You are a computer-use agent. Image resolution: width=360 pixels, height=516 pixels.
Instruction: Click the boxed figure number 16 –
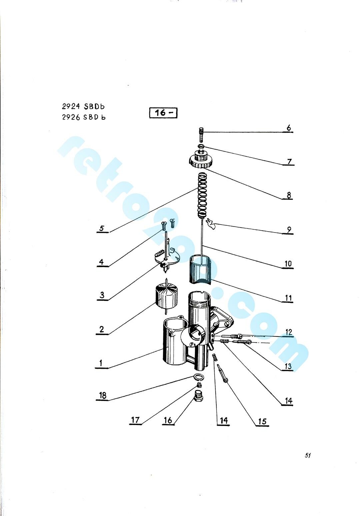click(x=163, y=113)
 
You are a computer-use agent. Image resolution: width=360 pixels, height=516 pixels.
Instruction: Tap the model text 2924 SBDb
click(x=83, y=106)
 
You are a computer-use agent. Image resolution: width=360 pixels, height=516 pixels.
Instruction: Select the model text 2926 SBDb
click(x=84, y=117)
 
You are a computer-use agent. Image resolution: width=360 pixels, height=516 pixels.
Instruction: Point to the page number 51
click(x=308, y=455)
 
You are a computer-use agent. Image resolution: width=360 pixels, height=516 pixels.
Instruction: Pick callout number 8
click(x=289, y=195)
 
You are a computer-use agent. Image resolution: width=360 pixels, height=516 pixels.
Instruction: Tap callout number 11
click(x=288, y=298)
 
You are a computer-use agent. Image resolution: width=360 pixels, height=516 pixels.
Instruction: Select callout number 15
click(x=262, y=421)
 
